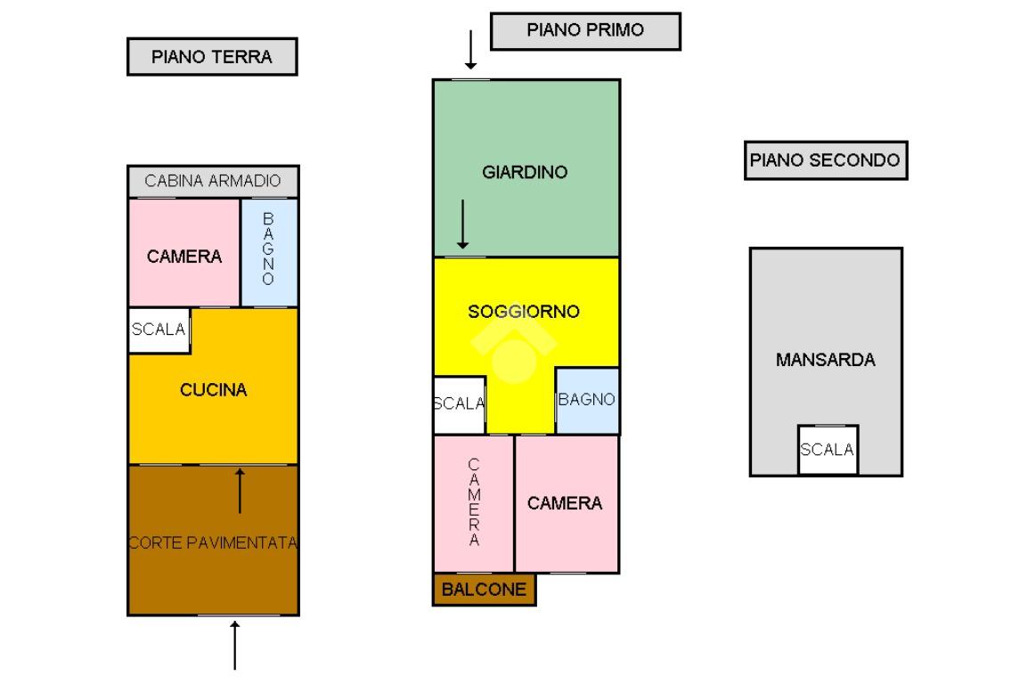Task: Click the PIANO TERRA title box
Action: coord(212,56)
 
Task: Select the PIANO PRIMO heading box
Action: coord(585,31)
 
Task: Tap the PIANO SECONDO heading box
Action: coord(826,159)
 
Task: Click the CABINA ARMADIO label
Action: coord(212,181)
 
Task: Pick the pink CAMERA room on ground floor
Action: coord(184,253)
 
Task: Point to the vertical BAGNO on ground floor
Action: coord(269,248)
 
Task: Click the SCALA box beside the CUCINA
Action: coord(159,330)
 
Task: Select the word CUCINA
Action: coord(213,390)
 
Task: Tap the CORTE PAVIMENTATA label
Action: coord(213,542)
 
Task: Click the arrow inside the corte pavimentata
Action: coord(240,491)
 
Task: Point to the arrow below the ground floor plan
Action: coord(234,646)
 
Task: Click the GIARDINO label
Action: coord(525,172)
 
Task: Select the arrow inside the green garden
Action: coord(463,224)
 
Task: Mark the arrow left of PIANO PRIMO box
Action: coord(470,49)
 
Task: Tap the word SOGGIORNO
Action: coord(524,311)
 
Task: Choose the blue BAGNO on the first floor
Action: coord(587,400)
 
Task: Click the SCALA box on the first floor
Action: coord(459,404)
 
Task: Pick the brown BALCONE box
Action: coord(484,589)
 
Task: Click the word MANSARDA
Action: coord(826,360)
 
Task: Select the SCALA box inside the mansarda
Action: coord(828,450)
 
